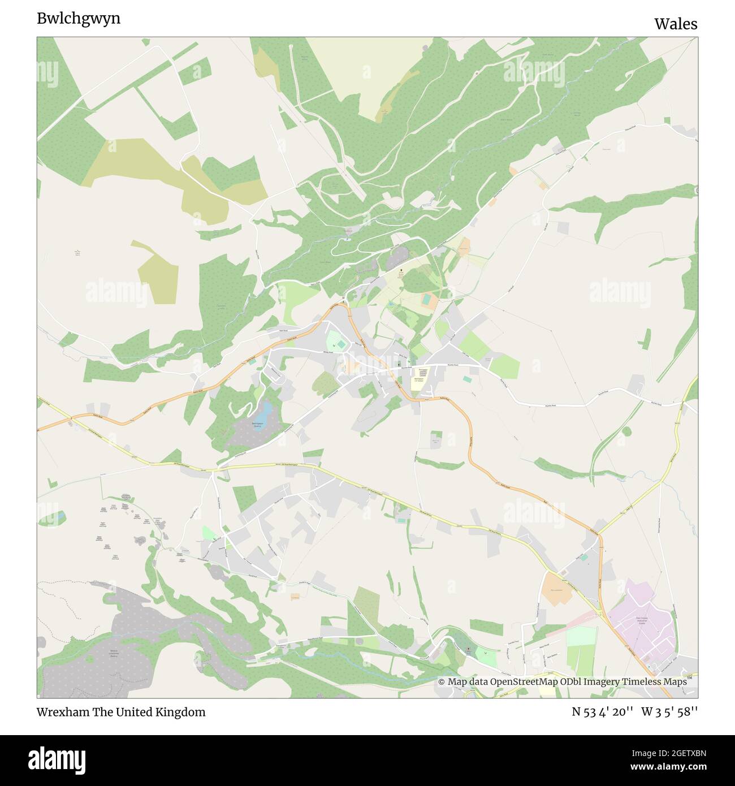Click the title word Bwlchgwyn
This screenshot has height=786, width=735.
79,19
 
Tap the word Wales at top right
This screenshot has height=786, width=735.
676,24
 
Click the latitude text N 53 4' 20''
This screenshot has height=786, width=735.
602,712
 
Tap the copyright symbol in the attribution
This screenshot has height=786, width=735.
442,682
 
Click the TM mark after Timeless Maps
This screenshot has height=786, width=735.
690,678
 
